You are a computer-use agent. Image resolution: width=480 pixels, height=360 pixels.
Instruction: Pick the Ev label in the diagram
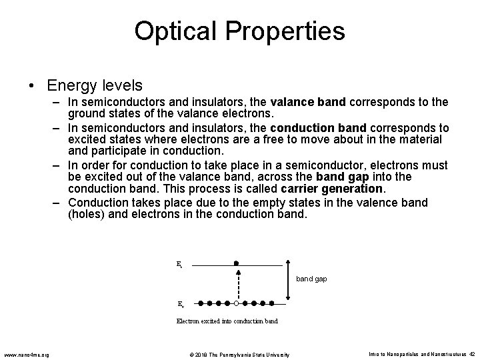point(181,304)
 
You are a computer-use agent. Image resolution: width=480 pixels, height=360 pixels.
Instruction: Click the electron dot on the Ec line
point(236,263)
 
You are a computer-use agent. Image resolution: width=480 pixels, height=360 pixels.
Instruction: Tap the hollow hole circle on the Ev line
point(237,303)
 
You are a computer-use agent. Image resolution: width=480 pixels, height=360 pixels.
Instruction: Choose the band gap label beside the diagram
point(311,279)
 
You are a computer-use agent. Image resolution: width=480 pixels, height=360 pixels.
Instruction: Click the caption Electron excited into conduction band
point(227,321)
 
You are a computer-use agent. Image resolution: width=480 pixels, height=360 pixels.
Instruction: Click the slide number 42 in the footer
point(471,353)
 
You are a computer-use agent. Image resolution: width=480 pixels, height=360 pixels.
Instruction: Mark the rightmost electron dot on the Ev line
point(271,303)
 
